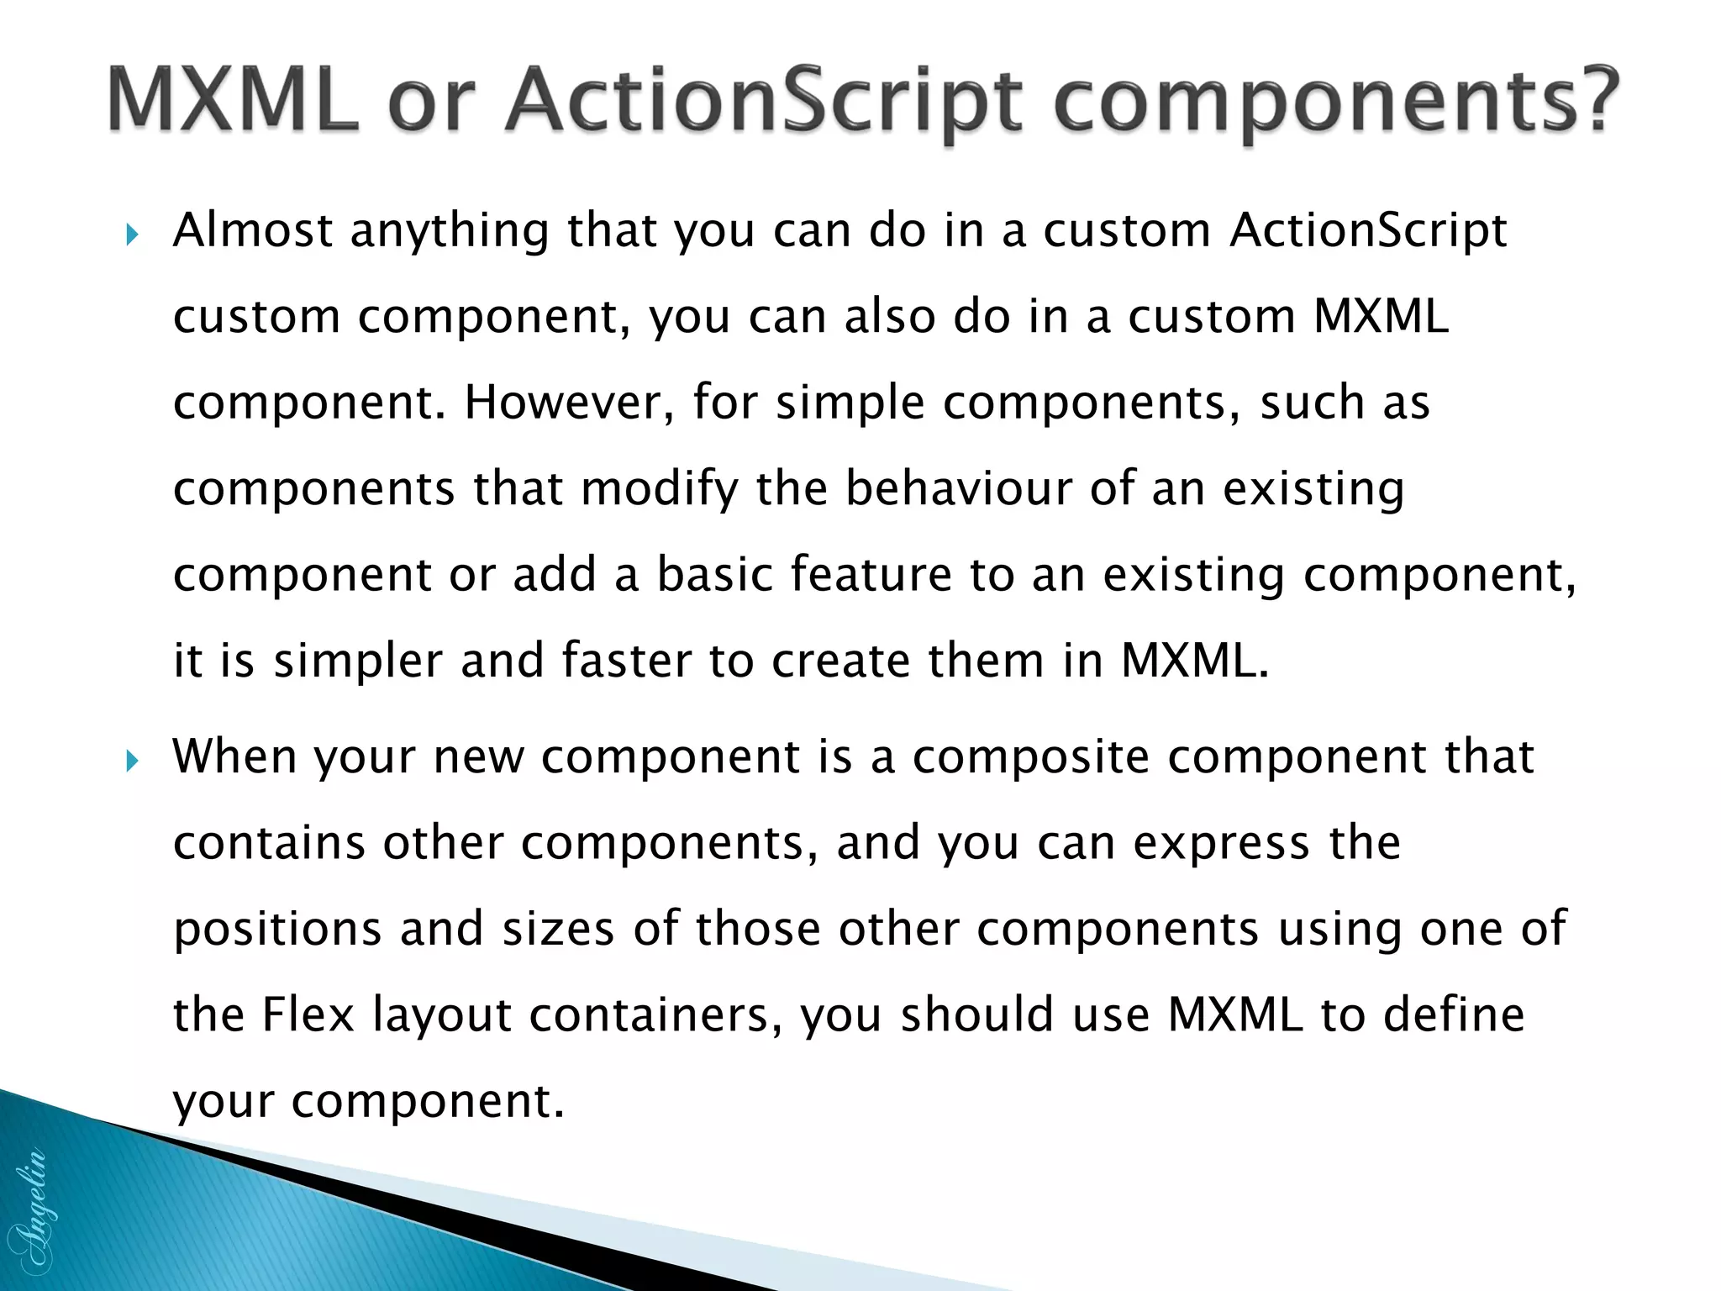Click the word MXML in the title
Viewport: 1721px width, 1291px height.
click(233, 102)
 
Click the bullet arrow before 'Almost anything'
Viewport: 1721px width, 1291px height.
click(131, 234)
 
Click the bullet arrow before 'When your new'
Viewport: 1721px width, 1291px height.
click(131, 761)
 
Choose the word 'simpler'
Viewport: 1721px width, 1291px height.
click(358, 662)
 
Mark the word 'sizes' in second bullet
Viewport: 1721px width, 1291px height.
click(558, 930)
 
